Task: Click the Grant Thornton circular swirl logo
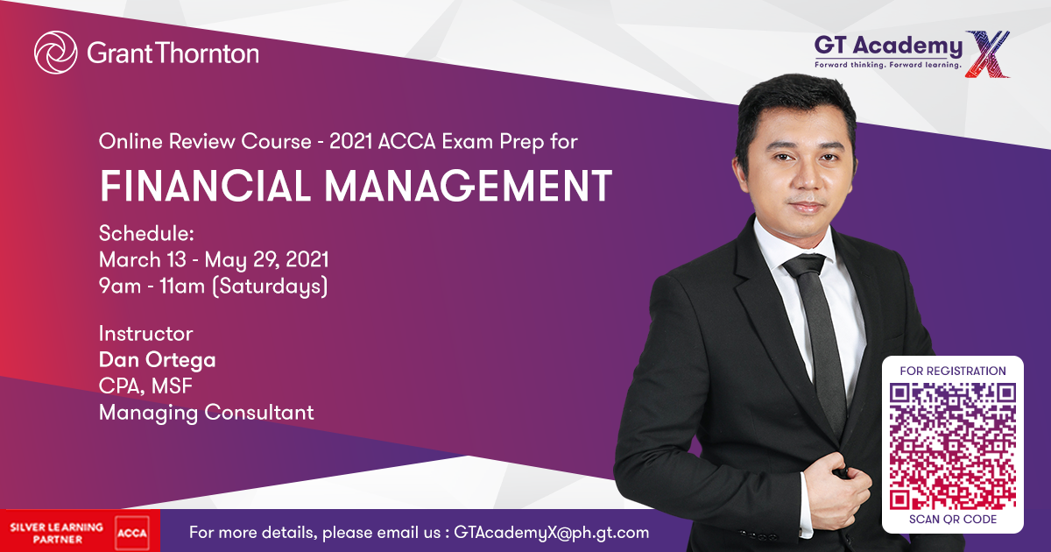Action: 56,52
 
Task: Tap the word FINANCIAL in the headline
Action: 205,186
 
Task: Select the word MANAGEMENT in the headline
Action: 469,186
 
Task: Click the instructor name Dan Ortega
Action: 157,360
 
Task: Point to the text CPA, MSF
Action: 145,386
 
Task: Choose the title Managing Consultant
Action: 206,413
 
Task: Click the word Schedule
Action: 146,233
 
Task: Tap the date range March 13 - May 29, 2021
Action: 214,260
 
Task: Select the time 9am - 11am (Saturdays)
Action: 213,287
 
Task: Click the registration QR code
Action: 953,446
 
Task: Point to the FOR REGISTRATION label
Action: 953,372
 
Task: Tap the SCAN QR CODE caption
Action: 953,520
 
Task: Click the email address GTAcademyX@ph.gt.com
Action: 551,533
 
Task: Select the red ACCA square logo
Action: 132,533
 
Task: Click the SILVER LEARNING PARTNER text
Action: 57,534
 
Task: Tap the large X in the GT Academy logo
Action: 988,54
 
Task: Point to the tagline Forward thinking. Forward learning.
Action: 888,65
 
